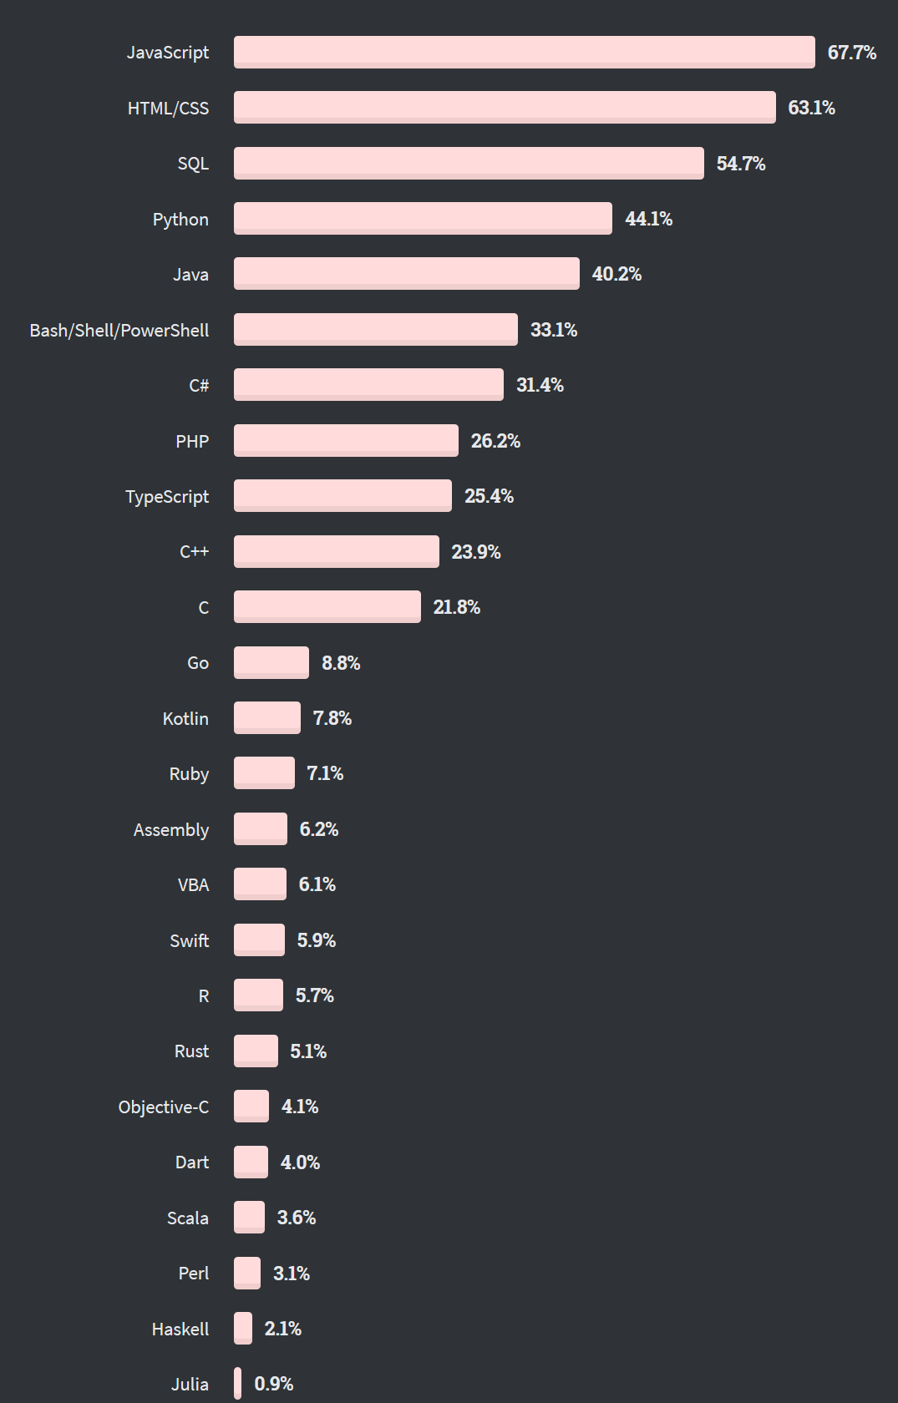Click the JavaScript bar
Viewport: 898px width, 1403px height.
(524, 52)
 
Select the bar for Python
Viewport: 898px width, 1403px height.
(423, 218)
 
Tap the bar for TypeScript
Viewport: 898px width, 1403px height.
(342, 495)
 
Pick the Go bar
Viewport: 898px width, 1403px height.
(271, 662)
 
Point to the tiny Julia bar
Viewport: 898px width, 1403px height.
(238, 1383)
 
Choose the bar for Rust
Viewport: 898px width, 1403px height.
(256, 1051)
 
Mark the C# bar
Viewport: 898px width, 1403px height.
(368, 384)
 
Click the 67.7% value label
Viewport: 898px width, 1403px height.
(851, 53)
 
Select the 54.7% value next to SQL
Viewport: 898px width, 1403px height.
(740, 164)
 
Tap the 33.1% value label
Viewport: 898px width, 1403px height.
(554, 330)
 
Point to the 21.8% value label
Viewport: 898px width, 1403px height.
(456, 607)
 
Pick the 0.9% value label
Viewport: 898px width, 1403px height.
(273, 1384)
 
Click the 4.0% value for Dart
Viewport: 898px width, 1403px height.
(300, 1162)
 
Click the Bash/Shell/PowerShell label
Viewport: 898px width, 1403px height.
(119, 331)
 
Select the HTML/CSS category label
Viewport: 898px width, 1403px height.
(168, 109)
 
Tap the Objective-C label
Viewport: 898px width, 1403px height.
(164, 1107)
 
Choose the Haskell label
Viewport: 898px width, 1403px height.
(180, 1330)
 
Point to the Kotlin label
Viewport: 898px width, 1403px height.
(185, 719)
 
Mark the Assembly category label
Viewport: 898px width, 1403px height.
(171, 830)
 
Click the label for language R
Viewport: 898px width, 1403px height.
(204, 996)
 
